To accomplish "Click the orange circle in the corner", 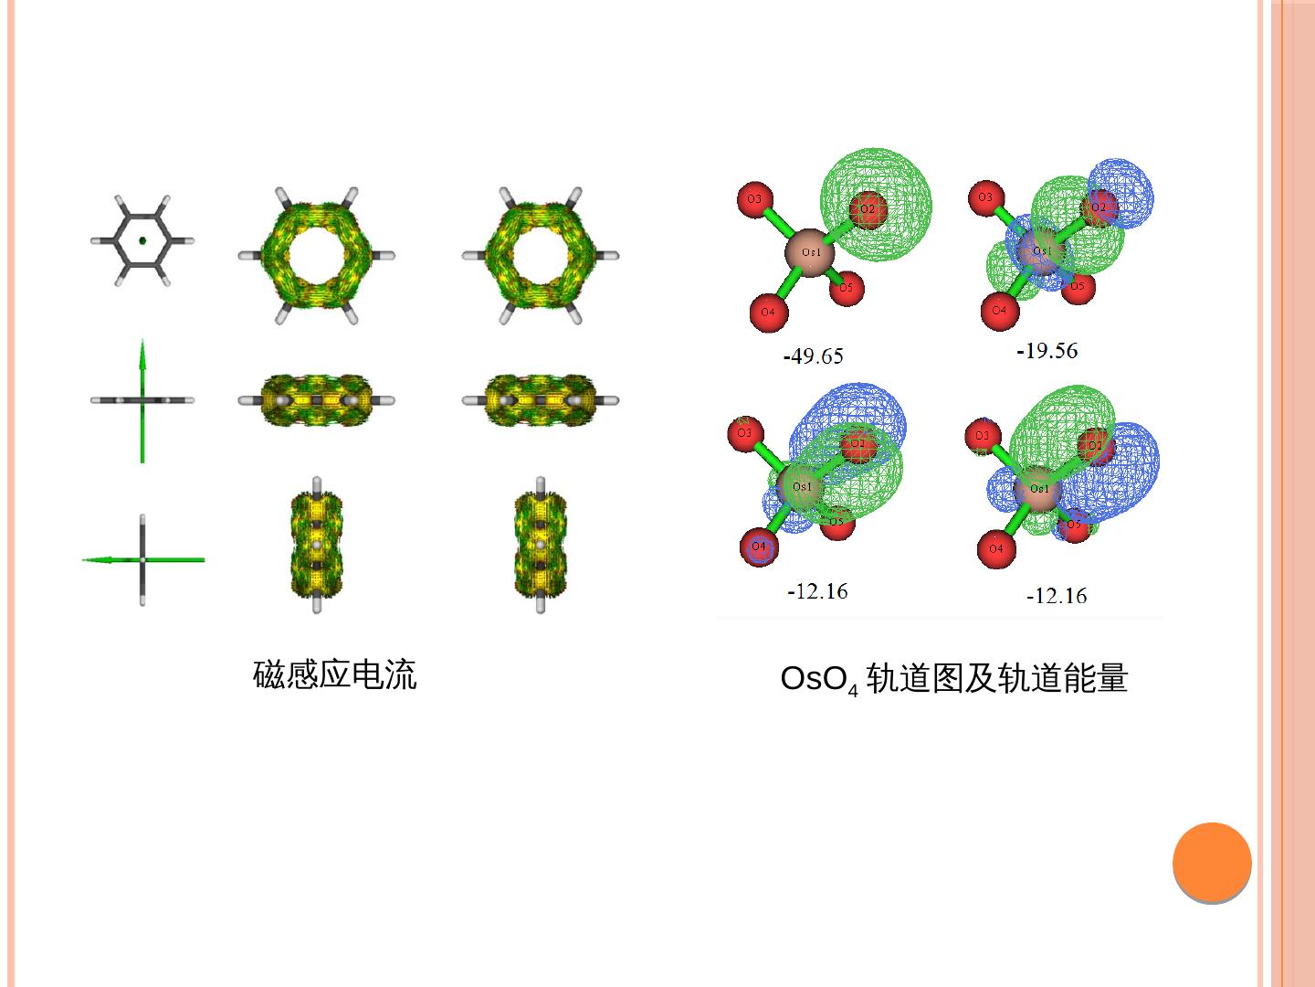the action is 1212,862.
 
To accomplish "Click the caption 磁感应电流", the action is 334,675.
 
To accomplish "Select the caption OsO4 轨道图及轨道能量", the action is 953,679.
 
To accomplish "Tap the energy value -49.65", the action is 814,356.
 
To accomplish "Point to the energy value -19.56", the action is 1047,351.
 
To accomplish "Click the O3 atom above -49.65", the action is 754,199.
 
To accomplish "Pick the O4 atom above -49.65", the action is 768,313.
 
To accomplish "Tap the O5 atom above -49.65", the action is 846,288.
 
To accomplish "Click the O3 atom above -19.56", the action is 985,197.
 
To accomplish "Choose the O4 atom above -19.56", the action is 999,311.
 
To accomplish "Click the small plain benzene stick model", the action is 142,240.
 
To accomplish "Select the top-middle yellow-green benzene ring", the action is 317,256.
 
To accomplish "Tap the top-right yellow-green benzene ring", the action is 541,256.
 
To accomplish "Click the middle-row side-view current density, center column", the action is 317,400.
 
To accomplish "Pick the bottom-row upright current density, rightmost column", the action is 541,545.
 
